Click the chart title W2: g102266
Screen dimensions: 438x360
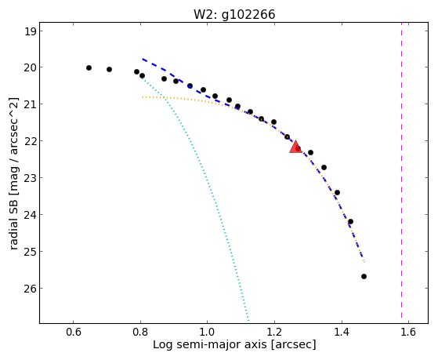coord(234,14)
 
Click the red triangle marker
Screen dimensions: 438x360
coord(295,147)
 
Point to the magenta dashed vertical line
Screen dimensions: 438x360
coord(401,170)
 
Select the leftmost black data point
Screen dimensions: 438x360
coord(89,67)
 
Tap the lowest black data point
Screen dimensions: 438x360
coord(364,276)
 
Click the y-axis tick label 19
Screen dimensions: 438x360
coord(31,31)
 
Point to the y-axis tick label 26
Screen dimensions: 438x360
coord(31,289)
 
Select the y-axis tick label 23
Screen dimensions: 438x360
coord(31,178)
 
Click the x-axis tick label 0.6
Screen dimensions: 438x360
coord(73,332)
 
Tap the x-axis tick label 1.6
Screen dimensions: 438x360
coord(408,332)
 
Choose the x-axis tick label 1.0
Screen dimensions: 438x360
coord(207,332)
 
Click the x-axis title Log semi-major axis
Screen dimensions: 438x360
coord(210,344)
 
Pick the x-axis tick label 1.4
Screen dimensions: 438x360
coord(342,332)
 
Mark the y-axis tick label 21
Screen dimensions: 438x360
coord(31,104)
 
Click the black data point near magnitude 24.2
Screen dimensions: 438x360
coord(350,221)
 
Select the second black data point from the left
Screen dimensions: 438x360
coord(109,69)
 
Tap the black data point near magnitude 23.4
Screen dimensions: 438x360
coord(337,192)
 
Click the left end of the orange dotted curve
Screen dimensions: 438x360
coord(143,97)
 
